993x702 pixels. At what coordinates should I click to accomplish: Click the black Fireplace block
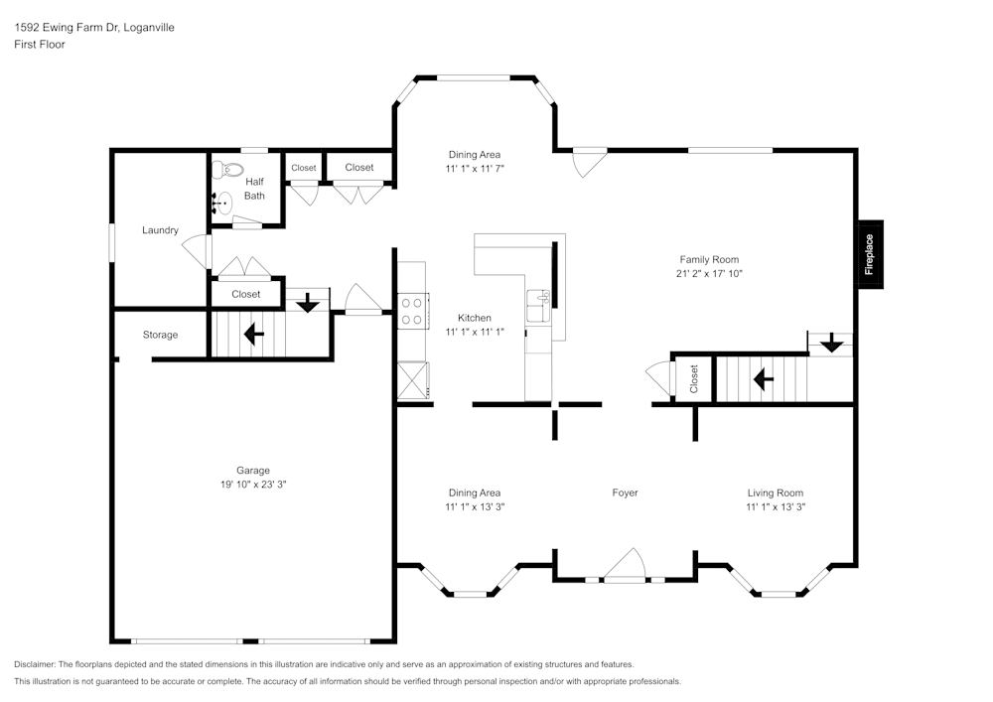click(x=871, y=254)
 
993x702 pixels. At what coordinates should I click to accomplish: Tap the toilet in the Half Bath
click(x=227, y=170)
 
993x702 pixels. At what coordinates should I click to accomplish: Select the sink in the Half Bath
click(x=222, y=203)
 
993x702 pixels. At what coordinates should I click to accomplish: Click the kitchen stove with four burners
click(x=413, y=311)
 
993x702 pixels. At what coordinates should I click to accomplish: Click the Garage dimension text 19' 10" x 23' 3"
click(x=253, y=485)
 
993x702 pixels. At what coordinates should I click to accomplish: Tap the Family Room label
click(x=709, y=259)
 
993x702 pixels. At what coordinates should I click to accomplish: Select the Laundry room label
click(x=160, y=230)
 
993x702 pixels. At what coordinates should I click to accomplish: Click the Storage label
click(x=160, y=335)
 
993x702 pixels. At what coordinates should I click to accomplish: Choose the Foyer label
click(x=625, y=492)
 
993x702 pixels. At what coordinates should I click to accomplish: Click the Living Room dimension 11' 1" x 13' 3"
click(x=776, y=506)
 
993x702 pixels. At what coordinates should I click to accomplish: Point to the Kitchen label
click(x=475, y=318)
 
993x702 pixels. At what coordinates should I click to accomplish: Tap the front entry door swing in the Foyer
click(x=625, y=563)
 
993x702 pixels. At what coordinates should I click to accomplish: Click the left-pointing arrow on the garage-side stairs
click(x=254, y=334)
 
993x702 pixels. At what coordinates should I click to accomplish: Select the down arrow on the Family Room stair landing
click(x=831, y=344)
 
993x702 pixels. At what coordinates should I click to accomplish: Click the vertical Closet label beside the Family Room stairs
click(x=693, y=378)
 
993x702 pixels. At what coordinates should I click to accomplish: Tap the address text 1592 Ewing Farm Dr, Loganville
click(x=94, y=27)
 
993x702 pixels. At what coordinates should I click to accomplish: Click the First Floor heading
click(x=40, y=45)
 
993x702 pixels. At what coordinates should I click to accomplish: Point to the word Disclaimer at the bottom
click(x=34, y=664)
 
